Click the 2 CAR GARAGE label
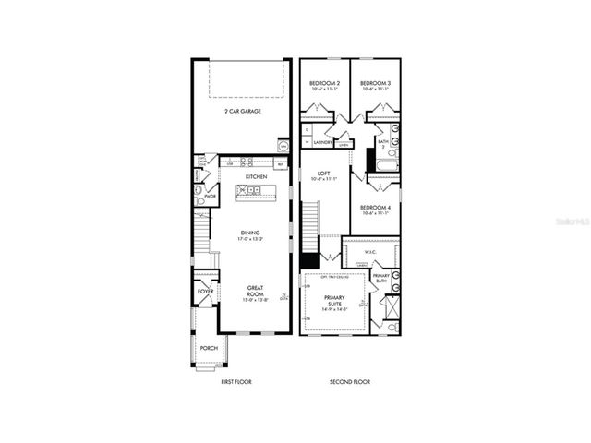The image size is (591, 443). point(242,111)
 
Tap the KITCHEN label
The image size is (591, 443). point(256,176)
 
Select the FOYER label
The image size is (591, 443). point(205,292)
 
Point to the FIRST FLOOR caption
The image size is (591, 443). point(236,381)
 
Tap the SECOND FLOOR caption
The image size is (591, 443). point(350,381)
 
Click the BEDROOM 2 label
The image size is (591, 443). point(325,83)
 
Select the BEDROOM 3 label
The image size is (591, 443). point(375,83)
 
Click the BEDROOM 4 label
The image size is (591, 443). point(376,208)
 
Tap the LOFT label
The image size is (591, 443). point(324,173)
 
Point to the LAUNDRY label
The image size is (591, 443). point(323,143)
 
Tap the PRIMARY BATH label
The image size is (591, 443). point(380,278)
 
